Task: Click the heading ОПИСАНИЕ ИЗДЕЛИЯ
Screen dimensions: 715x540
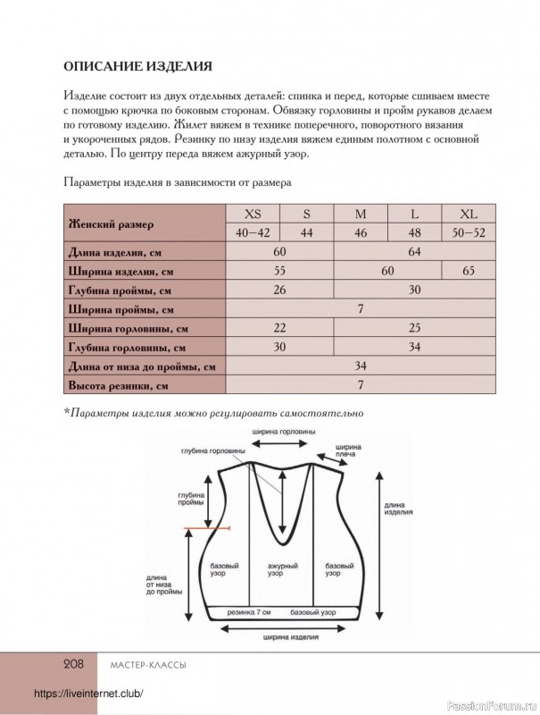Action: pos(137,65)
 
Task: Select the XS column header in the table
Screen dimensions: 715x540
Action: pos(253,214)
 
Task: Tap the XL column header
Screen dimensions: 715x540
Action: pos(469,214)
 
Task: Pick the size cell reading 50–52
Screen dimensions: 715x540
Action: pos(469,232)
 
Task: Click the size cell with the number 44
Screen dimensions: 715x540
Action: pos(306,232)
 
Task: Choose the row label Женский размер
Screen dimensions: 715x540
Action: pos(111,223)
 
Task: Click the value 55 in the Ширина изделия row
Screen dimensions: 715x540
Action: pos(279,270)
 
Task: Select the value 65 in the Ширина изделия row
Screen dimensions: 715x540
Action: pos(469,270)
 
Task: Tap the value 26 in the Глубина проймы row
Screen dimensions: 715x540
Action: pos(279,290)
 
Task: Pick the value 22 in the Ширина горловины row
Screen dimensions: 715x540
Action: pos(279,328)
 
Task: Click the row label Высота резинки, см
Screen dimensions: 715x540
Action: pos(119,386)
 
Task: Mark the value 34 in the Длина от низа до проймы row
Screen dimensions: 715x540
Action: pos(361,366)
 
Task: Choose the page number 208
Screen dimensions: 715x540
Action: pos(72,664)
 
